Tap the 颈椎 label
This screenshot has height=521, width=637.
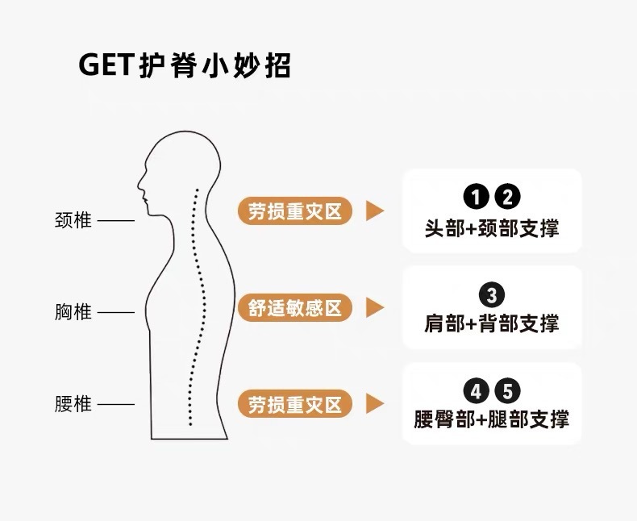tap(73, 220)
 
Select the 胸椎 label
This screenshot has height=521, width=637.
tap(73, 312)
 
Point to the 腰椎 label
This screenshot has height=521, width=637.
tap(73, 404)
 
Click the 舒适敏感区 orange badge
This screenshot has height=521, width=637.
tap(295, 307)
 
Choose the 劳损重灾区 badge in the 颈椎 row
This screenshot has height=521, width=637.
tap(295, 211)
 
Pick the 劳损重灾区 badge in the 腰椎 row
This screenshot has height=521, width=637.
tap(295, 404)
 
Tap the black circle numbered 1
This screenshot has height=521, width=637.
tap(477, 197)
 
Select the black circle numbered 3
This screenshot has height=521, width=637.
tap(492, 294)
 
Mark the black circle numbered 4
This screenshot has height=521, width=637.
tap(477, 392)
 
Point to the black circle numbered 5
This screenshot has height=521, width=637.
tap(507, 392)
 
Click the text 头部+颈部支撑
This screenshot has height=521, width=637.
tap(492, 227)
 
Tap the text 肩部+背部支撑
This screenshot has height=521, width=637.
tap(492, 323)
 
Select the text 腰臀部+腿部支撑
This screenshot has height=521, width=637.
tap(492, 420)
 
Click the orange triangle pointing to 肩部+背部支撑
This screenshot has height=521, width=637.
tap(374, 307)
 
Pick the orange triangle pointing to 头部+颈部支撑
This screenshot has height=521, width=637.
tap(374, 211)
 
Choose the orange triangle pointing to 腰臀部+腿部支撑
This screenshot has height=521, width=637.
tap(374, 404)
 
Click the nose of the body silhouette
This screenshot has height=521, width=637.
tap(139, 181)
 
